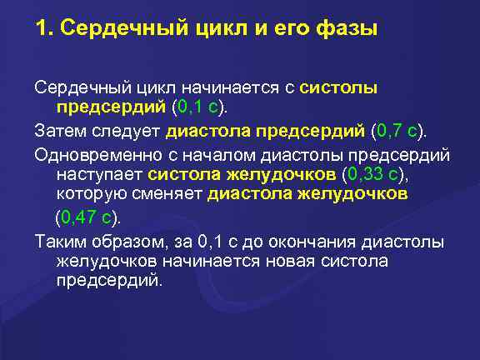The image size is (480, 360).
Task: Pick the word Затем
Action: pyautogui.click(x=58, y=131)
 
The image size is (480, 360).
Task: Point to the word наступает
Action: pyautogui.click(x=99, y=175)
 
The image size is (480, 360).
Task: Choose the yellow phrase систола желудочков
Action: pyautogui.click(x=242, y=175)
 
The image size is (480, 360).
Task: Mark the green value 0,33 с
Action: pyautogui.click(x=373, y=175)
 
